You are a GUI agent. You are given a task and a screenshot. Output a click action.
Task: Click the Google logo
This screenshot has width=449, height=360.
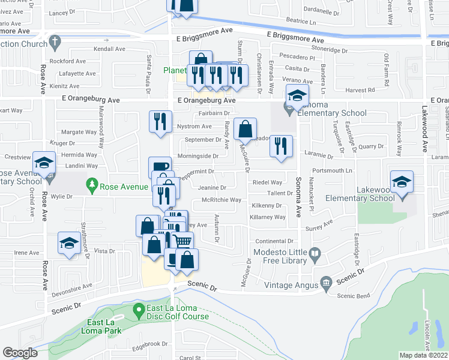pyautogui.click(x=20, y=353)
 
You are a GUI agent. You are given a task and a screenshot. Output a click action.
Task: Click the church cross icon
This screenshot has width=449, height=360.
pyautogui.click(x=55, y=42)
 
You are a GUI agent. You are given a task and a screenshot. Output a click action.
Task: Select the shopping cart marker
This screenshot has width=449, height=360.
pyautogui.click(x=184, y=242)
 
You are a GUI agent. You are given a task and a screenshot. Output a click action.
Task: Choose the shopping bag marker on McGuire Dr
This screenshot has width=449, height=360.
pyautogui.click(x=246, y=128)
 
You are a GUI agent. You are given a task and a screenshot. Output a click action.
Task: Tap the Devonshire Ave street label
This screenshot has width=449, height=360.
pyautogui.click(x=71, y=286)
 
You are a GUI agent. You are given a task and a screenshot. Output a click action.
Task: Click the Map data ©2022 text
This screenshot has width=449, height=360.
pyautogui.click(x=424, y=355)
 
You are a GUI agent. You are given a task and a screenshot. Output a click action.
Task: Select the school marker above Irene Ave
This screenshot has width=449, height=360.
pyautogui.click(x=69, y=243)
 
